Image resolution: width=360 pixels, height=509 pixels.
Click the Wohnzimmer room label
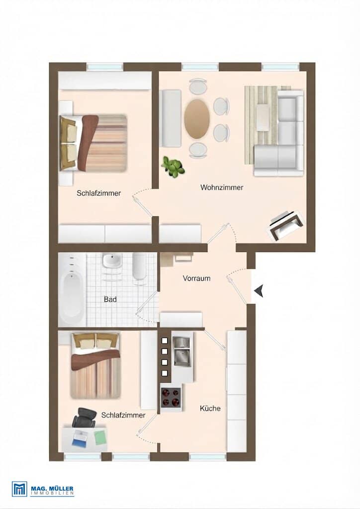point(222,187)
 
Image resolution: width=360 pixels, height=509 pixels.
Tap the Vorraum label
point(196,278)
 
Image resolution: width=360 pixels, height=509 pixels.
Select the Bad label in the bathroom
point(110,299)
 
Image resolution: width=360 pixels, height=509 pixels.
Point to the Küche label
point(210,409)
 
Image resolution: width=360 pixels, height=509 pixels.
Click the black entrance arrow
point(259,291)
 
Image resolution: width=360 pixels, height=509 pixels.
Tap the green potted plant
point(173,167)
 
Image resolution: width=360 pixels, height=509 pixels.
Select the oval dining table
point(197,119)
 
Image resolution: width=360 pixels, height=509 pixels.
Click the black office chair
point(85,418)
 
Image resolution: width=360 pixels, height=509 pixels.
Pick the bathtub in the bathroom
point(72,290)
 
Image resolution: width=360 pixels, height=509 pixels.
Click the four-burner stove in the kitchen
point(171,397)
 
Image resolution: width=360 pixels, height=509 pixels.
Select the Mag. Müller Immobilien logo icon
point(19,489)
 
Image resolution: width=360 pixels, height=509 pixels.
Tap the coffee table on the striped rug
point(263,117)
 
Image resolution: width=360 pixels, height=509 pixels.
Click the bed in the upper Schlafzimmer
point(93,143)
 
